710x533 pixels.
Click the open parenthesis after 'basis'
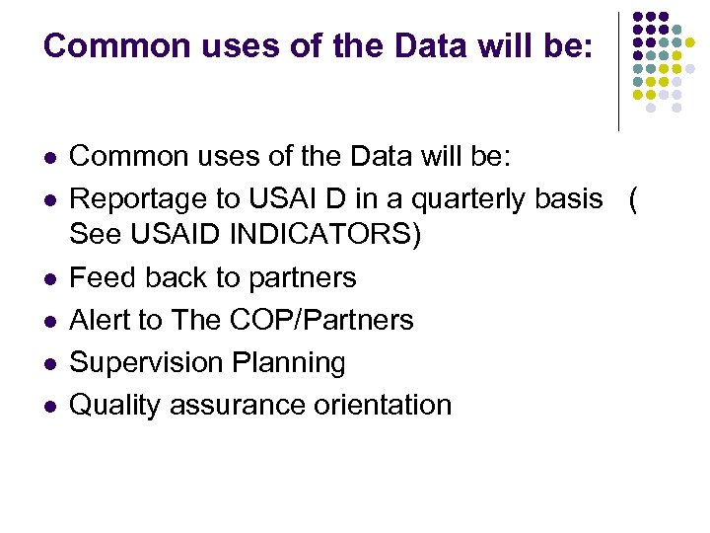632,200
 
